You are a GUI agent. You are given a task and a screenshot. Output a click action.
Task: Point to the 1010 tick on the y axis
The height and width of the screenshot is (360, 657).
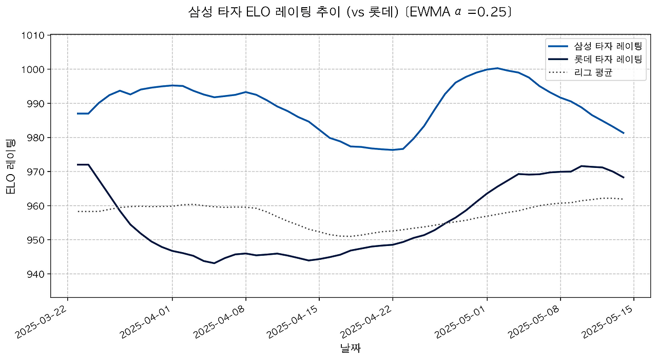coord(34,35)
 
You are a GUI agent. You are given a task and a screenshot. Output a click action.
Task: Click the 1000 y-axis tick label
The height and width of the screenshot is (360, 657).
coord(34,69)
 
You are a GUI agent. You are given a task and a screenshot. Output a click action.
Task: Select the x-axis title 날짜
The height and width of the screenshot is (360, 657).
coord(351,348)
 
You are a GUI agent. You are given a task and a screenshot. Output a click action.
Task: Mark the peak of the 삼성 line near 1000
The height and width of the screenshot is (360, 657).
coord(497,68)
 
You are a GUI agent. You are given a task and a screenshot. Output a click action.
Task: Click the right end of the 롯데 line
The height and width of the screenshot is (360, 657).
coord(623,177)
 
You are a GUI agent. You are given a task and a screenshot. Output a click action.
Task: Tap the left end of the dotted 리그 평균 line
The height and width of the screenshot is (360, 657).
coord(78,212)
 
